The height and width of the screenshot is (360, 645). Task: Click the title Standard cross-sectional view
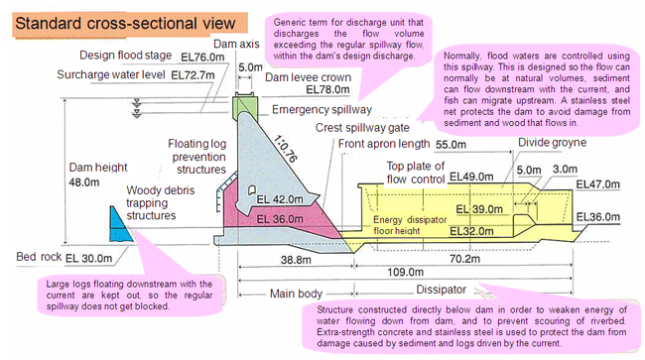125,24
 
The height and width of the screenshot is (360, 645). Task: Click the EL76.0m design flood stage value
202,58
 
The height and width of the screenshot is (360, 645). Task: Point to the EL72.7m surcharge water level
193,75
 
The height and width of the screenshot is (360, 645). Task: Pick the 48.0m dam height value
84,182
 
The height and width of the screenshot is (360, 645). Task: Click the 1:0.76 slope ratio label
285,149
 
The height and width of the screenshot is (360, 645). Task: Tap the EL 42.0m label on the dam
280,199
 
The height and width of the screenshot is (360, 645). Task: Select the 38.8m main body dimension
296,259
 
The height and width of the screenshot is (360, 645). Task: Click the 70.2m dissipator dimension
464,259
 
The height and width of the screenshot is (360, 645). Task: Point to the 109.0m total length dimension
405,272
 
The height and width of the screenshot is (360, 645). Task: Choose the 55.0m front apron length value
451,145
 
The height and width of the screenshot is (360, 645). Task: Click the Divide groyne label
552,143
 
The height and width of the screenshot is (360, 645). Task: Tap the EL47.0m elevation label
597,184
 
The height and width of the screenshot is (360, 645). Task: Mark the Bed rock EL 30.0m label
64,257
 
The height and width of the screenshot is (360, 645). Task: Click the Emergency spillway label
322,110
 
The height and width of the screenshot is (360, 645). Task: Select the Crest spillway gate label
362,128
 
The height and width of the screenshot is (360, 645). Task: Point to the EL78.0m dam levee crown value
327,89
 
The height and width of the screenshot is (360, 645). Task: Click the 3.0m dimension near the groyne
565,169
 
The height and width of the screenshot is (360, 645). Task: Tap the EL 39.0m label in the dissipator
479,209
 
